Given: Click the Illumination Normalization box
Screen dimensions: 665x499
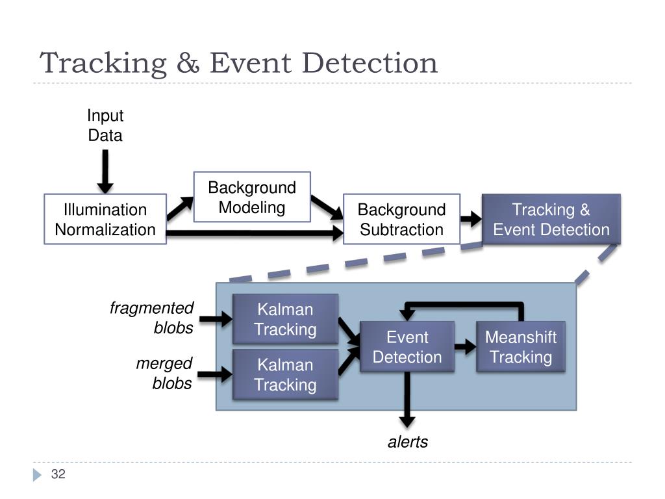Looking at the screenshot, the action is (105, 219).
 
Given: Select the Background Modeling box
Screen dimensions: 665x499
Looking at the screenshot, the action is (252, 197).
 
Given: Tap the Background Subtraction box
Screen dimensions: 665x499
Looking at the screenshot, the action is (401, 219).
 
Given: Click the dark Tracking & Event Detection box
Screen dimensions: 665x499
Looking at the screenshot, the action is (551, 219).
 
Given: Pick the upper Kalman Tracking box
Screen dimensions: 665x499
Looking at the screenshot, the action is (286, 318).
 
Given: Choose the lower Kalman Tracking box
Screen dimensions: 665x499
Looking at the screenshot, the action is (286, 374).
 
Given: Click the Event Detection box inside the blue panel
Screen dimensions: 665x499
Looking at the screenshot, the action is (407, 347).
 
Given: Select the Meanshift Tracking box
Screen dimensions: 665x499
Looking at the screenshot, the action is (521, 347).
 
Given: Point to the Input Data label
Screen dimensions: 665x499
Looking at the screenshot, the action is (105, 125).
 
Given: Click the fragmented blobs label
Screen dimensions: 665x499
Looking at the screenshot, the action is (151, 317).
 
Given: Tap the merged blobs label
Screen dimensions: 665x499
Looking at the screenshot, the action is (164, 373).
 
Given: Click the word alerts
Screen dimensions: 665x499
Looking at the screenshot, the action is (408, 442).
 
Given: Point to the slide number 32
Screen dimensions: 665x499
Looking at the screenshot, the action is (58, 474).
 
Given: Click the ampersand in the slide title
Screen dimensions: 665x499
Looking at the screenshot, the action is (188, 63).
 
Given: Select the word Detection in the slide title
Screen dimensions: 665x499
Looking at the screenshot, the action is (370, 63).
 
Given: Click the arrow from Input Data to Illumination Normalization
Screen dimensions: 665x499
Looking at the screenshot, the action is (105, 172).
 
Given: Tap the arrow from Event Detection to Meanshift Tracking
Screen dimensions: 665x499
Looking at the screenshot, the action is (465, 347).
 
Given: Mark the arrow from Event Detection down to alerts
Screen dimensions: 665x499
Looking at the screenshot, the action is (407, 400).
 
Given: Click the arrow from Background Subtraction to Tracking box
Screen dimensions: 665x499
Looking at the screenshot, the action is (471, 219).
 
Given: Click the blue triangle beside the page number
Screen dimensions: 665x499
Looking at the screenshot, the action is (37, 475).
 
